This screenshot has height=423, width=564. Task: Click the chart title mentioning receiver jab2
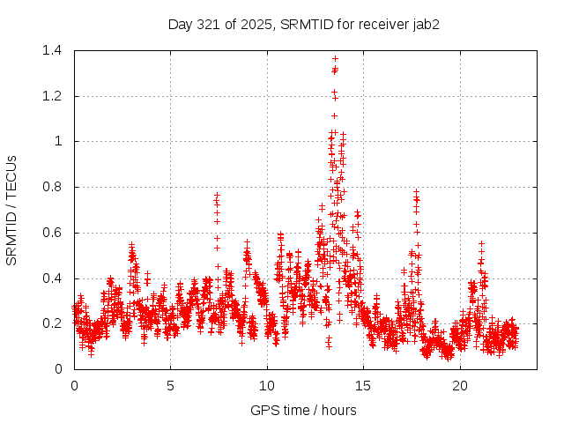click(x=304, y=24)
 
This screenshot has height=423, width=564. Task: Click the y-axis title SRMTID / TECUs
click(x=12, y=210)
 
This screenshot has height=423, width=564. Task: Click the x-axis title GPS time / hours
click(x=304, y=410)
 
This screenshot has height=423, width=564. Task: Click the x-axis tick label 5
click(x=171, y=385)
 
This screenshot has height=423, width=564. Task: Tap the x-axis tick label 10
click(x=267, y=385)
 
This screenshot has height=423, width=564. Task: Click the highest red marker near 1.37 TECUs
click(x=335, y=58)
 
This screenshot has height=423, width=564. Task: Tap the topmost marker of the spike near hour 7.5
click(x=217, y=194)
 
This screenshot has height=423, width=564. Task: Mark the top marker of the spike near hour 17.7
click(x=415, y=190)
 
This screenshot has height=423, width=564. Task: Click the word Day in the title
click(x=180, y=24)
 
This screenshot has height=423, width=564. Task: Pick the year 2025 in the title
click(x=256, y=24)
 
